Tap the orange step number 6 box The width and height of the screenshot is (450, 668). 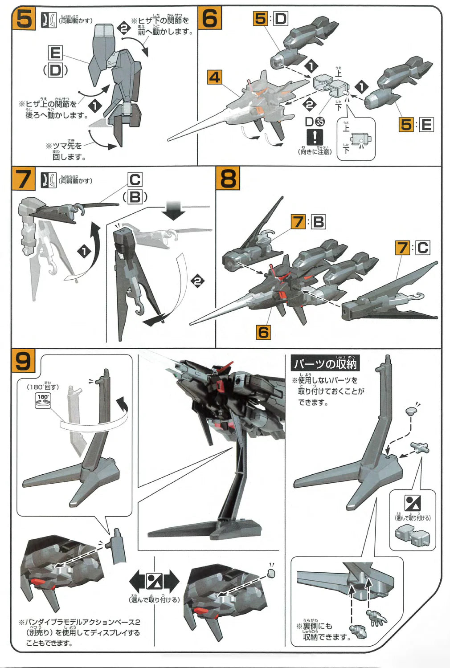click(210, 19)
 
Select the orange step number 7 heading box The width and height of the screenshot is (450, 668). click(23, 179)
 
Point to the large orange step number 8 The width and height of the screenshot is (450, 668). click(228, 179)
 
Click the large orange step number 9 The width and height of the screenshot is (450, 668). click(23, 361)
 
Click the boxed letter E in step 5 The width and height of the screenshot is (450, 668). click(55, 53)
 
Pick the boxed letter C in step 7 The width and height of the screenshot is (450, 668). click(135, 180)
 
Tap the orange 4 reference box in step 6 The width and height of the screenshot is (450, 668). click(214, 77)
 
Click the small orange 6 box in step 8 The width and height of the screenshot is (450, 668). click(263, 332)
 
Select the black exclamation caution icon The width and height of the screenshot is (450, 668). click(315, 136)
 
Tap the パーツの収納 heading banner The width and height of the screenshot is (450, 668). click(325, 363)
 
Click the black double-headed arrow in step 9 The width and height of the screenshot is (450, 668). click(154, 581)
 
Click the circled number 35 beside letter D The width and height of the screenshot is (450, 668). click(320, 122)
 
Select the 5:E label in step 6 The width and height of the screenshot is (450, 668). click(416, 124)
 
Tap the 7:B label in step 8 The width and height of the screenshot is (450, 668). click(308, 221)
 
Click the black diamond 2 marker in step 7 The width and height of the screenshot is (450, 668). click(197, 281)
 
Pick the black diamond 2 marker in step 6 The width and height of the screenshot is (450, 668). click(309, 105)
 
